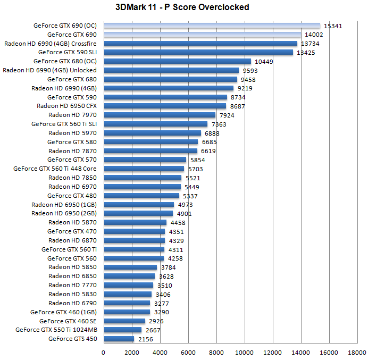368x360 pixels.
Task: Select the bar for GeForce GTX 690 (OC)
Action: point(212,26)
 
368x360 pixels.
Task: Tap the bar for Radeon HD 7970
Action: point(160,115)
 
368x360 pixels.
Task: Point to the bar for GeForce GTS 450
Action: point(119,339)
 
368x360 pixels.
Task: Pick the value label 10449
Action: point(264,61)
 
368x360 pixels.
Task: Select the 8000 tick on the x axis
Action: point(216,352)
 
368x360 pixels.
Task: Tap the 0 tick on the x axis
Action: point(104,352)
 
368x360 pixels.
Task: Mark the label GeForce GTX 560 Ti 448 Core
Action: point(55,169)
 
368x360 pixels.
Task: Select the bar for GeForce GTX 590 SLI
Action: point(198,52)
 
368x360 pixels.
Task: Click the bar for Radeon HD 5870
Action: point(135,222)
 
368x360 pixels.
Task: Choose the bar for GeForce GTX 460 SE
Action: point(124,321)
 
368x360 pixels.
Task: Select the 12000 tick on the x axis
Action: point(273,352)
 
